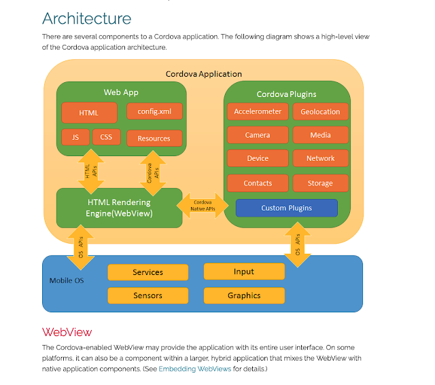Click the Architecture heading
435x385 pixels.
(87, 18)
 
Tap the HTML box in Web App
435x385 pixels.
(89, 113)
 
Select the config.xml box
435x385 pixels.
(154, 111)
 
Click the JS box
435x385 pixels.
(75, 137)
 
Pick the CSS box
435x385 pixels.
(106, 137)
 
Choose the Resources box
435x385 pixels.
(154, 138)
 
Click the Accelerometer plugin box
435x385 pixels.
(258, 112)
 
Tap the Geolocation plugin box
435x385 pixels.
(321, 112)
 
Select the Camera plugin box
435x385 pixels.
(258, 135)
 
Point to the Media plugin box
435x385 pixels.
(321, 135)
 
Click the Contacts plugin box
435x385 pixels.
(258, 183)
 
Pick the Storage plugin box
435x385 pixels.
(321, 183)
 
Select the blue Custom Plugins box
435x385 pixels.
(287, 208)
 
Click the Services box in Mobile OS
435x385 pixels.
(147, 272)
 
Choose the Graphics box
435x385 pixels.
(244, 295)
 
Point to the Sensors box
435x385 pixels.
(147, 295)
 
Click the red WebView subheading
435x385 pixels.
(67, 332)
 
